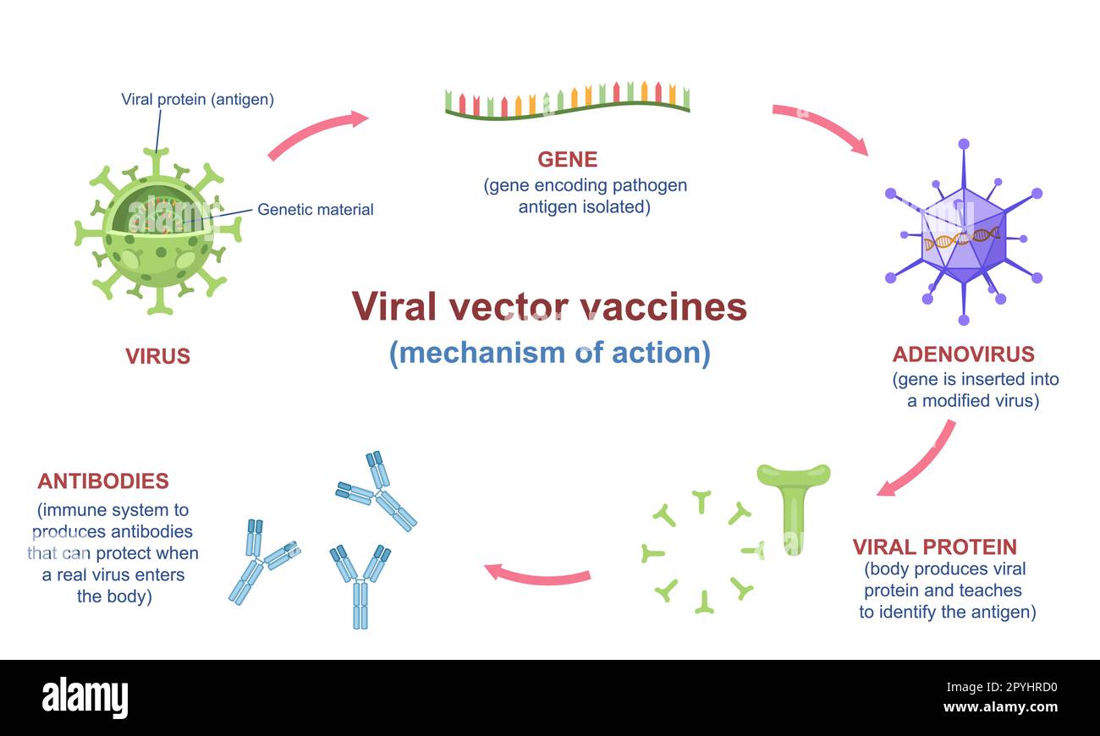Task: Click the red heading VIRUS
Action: point(157,356)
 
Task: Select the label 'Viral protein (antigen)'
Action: point(197,99)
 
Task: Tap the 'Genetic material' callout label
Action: point(315,209)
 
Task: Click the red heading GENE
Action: point(567,159)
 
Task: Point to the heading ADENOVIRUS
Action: point(963,354)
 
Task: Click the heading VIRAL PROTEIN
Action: point(934,547)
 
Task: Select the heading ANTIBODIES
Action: point(103,481)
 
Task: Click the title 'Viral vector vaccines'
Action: point(549,306)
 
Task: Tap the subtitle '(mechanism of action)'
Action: point(549,352)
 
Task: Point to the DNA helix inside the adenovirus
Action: point(961,239)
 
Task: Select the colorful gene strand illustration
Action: point(567,100)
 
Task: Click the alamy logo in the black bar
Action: point(85,698)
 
